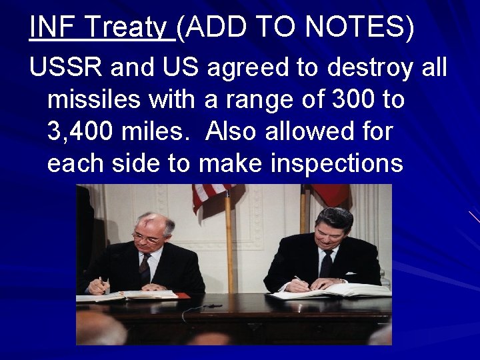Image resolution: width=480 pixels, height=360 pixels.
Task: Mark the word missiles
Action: pyautogui.click(x=88, y=100)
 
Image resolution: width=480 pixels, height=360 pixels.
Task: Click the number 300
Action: pyautogui.click(x=350, y=100)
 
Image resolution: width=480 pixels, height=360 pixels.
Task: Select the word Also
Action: pyautogui.click(x=235, y=132)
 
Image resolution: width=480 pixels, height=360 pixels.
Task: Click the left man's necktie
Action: pyautogui.click(x=145, y=267)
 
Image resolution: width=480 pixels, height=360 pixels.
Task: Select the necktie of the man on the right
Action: pyautogui.click(x=326, y=263)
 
